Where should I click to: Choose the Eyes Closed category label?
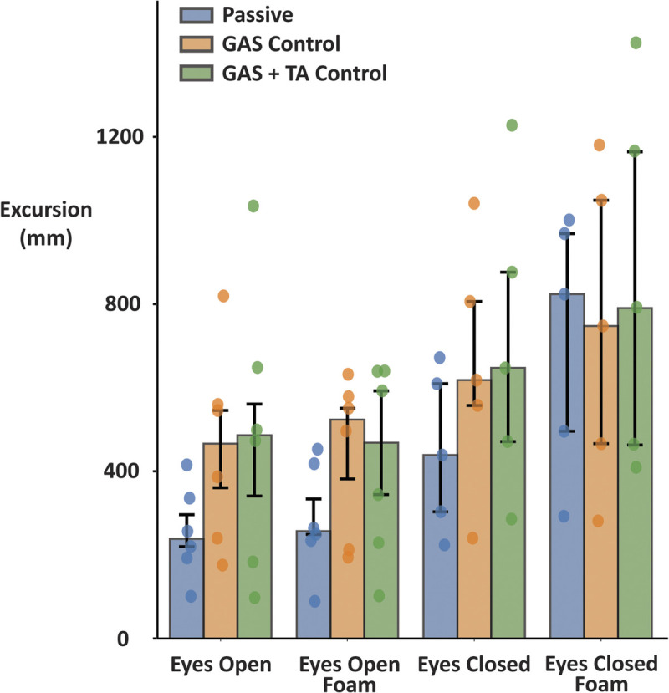coord(474,666)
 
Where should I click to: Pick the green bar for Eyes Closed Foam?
coord(635,502)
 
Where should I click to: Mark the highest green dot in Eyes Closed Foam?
coord(636,43)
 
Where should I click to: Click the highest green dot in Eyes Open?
coord(253,206)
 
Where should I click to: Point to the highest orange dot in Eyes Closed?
coord(474,203)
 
